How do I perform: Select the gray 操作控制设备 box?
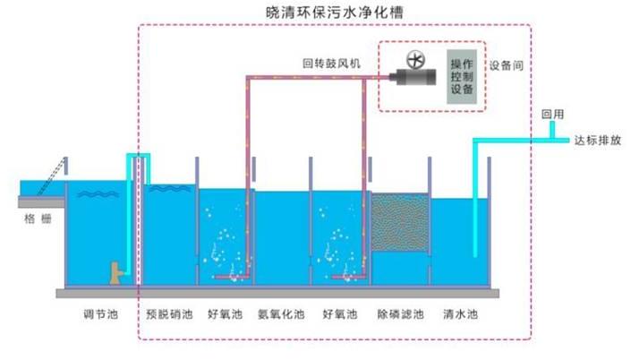pyautogui.click(x=462, y=78)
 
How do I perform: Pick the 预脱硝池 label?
pyautogui.click(x=167, y=315)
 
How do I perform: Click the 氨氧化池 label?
pyautogui.click(x=280, y=315)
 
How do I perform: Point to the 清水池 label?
pyautogui.click(x=461, y=315)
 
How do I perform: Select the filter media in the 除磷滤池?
pyautogui.click(x=399, y=224)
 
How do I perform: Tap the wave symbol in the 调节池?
pyautogui.click(x=93, y=193)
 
